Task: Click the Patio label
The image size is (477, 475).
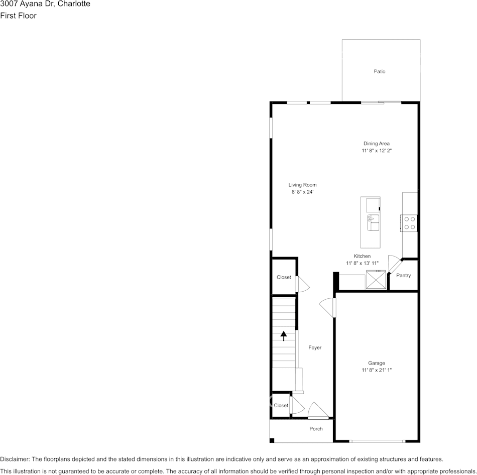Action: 380,72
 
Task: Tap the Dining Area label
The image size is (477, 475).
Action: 377,144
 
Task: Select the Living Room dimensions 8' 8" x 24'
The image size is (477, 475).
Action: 302,192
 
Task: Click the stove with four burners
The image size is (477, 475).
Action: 409,223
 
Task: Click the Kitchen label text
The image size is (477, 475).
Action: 362,256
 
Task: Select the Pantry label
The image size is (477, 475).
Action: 403,276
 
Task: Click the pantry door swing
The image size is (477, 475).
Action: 394,264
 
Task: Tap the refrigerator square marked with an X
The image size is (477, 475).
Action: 376,280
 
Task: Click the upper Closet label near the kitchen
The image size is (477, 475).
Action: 284,277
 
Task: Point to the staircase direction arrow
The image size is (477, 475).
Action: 284,335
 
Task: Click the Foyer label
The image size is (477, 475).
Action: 315,347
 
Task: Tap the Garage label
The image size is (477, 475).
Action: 377,363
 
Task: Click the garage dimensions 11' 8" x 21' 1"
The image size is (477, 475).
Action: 377,370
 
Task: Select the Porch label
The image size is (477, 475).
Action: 316,429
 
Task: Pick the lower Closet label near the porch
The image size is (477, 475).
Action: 281,406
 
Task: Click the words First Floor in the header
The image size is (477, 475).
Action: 18,16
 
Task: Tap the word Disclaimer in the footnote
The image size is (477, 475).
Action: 15,459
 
